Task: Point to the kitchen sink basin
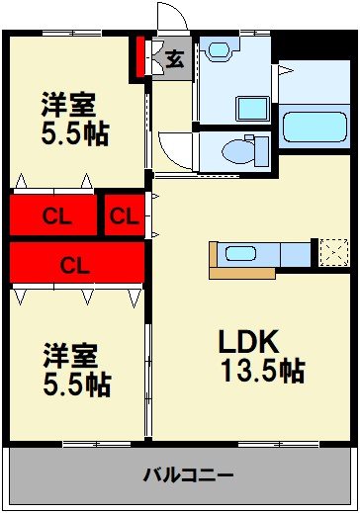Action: coord(240,253)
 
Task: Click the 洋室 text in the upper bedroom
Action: coord(68,104)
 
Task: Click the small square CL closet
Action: coord(123,214)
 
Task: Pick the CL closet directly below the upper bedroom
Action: coord(54,214)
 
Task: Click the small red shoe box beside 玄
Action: coord(140,58)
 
